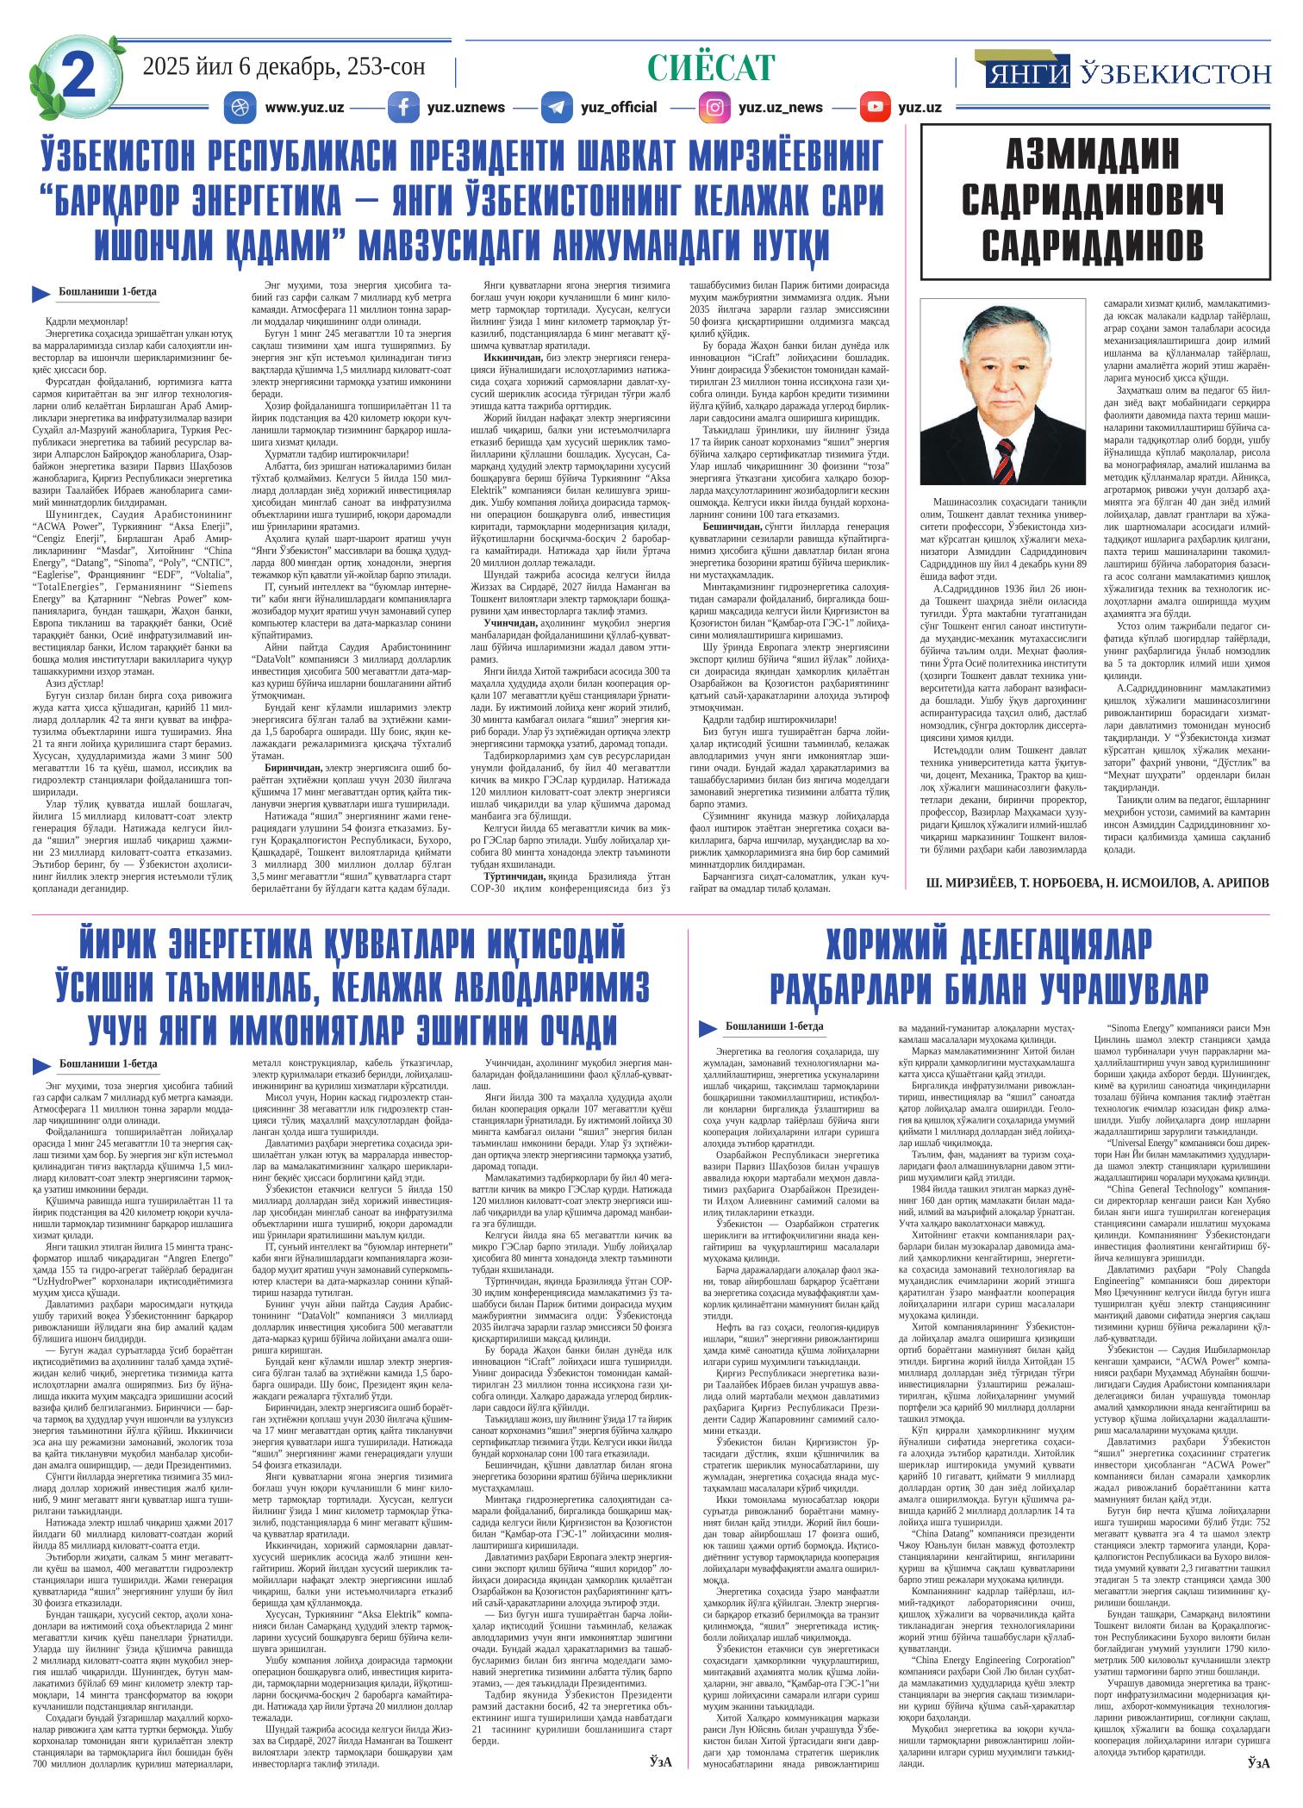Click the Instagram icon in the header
coord(714,108)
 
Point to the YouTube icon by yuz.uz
coord(875,108)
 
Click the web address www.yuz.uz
coord(305,108)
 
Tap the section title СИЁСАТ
coord(711,67)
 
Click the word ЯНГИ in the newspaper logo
coord(1024,74)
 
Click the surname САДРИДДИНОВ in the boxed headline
coord(1094,245)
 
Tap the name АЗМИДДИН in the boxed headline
coord(1094,155)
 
